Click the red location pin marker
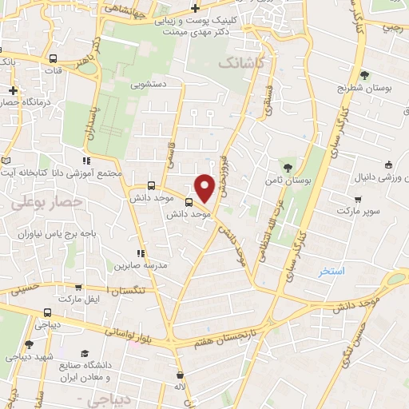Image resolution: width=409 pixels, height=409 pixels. coord(205,187)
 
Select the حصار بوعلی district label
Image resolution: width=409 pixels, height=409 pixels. coord(47,203)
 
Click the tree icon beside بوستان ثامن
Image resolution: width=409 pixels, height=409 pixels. coord(287,167)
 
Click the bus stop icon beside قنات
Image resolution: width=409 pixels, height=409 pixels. coord(53,58)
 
